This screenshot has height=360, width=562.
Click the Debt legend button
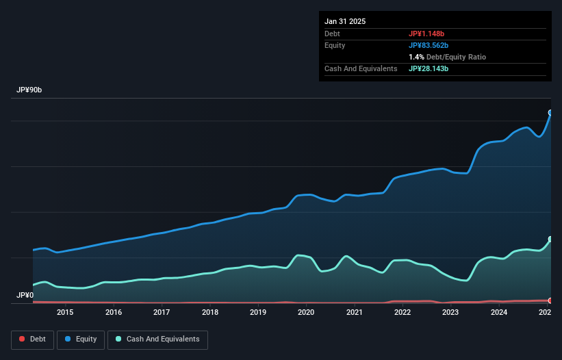31,339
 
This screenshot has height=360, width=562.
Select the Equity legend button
81,339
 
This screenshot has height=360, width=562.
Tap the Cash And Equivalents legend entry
157,339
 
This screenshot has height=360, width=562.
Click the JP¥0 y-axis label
24,296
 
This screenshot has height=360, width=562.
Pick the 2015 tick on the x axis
65,313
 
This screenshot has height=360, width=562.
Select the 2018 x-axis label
210,313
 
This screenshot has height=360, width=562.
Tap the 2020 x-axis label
306,313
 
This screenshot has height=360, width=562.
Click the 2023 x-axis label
450,313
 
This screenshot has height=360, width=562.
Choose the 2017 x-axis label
162,313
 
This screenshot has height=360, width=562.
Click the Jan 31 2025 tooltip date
345,21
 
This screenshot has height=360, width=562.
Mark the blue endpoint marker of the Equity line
550,113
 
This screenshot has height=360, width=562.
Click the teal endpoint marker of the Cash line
550,240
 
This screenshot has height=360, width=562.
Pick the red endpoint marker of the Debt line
550,300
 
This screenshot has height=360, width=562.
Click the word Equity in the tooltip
335,45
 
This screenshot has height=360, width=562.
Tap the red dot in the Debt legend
23,339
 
